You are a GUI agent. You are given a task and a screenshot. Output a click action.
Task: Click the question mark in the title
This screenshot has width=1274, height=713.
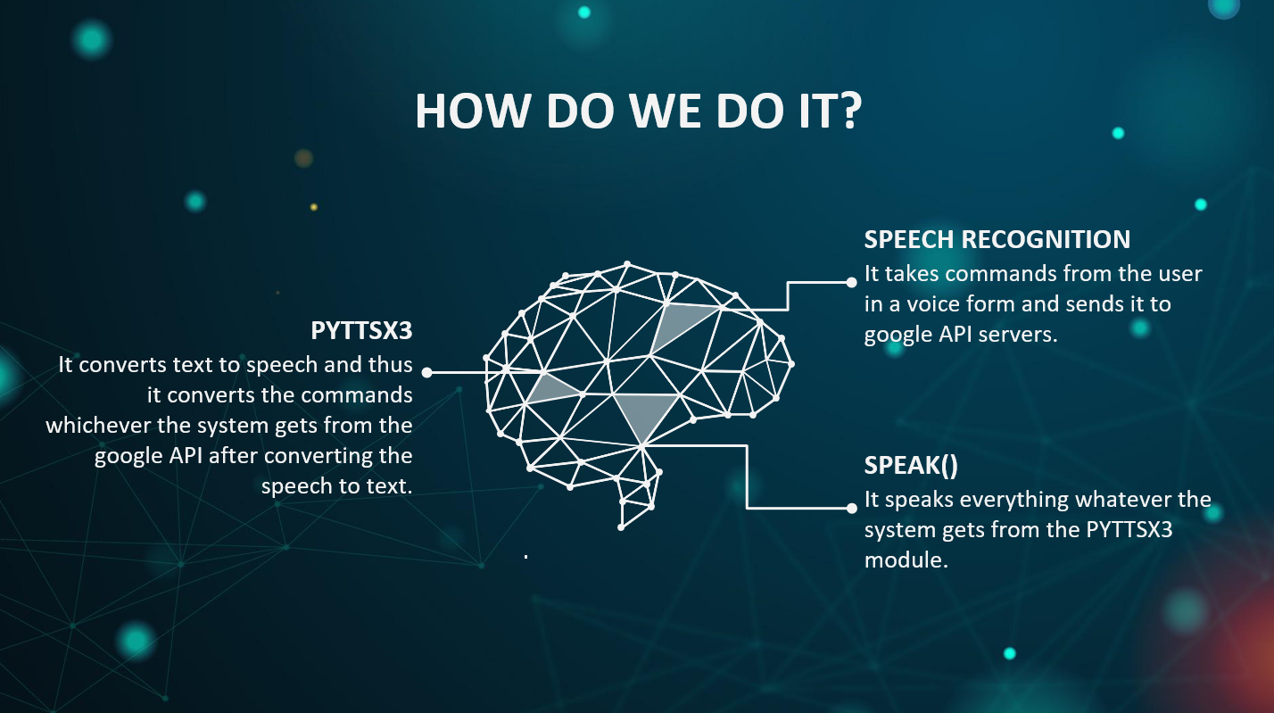pyautogui.click(x=849, y=111)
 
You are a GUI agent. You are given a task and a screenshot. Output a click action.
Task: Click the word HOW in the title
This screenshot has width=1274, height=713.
pyautogui.click(x=473, y=111)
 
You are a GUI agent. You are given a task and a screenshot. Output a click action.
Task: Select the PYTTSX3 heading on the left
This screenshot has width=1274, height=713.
pyautogui.click(x=361, y=330)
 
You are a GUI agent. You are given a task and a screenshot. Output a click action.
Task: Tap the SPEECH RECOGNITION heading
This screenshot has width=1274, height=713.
pyautogui.click(x=997, y=239)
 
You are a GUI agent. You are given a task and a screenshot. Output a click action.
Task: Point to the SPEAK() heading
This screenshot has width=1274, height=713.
pyautogui.click(x=911, y=466)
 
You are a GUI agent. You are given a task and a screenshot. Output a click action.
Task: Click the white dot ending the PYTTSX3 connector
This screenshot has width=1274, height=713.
pyautogui.click(x=427, y=372)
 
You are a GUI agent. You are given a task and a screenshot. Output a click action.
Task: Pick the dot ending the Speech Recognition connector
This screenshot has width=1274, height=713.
pyautogui.click(x=851, y=282)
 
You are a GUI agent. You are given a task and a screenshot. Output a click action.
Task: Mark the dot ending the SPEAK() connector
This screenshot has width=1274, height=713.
pyautogui.click(x=851, y=508)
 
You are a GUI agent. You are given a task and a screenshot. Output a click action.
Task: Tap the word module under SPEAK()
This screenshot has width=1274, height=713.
pyautogui.click(x=906, y=560)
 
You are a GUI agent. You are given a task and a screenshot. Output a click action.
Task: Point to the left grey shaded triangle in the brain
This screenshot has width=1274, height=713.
pyautogui.click(x=550, y=390)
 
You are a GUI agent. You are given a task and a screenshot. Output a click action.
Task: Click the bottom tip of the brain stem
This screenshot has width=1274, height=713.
pyautogui.click(x=621, y=528)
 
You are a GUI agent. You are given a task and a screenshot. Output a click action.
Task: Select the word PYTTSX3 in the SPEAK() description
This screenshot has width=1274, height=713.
pyautogui.click(x=1129, y=530)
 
